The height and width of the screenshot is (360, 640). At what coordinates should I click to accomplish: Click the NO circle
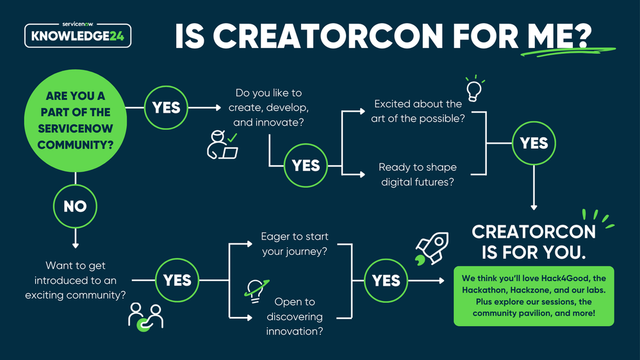(75, 206)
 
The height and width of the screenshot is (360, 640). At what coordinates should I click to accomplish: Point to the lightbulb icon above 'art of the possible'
(473, 89)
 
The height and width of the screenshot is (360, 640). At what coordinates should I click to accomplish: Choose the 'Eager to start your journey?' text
(295, 244)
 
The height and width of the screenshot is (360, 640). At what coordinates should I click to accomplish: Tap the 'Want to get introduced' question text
(76, 281)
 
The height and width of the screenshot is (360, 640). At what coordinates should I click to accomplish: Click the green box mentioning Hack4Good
(534, 296)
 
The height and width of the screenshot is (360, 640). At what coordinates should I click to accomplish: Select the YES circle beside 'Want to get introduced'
(177, 281)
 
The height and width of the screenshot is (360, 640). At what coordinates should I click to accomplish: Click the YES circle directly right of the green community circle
(167, 108)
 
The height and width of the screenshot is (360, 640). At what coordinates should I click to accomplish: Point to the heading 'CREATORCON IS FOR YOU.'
(534, 241)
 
